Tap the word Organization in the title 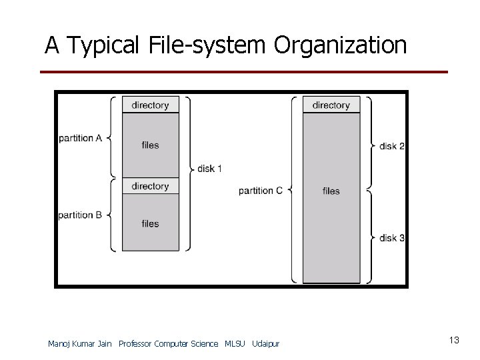[339, 45]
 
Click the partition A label [80, 138]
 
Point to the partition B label [80, 215]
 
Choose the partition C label [261, 191]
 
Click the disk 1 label [210, 169]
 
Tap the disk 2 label [392, 145]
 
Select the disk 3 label [392, 237]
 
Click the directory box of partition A [150, 105]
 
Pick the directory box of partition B [150, 186]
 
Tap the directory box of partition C [331, 105]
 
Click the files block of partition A [150, 145]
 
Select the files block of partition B [150, 223]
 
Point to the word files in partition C [331, 191]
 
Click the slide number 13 [454, 341]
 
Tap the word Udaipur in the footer [266, 343]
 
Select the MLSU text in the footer [235, 343]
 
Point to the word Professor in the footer [135, 343]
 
